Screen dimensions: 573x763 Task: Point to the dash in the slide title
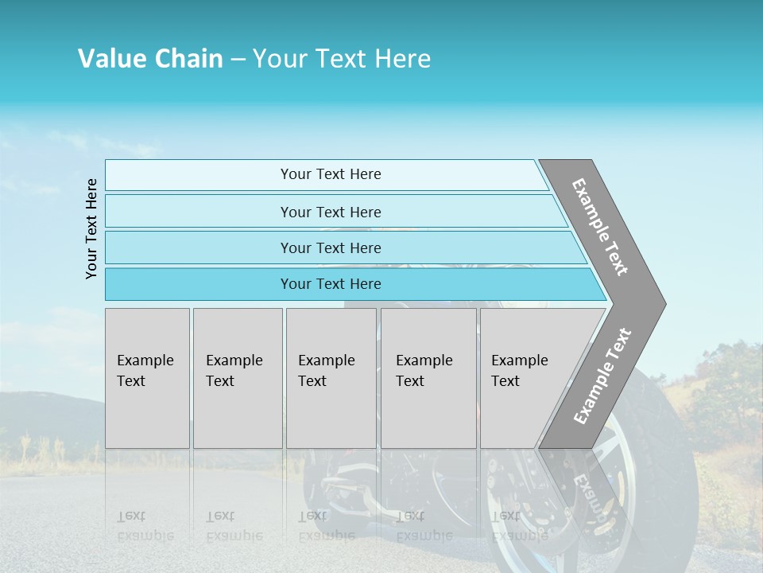click(x=238, y=60)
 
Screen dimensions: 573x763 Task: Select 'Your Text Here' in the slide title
click(x=342, y=59)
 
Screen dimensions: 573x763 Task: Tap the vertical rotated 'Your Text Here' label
click(x=91, y=228)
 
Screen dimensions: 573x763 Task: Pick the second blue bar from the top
click(x=331, y=212)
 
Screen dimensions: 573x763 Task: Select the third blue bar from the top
click(x=331, y=248)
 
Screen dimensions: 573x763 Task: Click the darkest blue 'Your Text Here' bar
click(x=331, y=284)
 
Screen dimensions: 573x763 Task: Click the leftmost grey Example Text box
click(x=147, y=377)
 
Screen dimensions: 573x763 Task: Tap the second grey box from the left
click(x=238, y=377)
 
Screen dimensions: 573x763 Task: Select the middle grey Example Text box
click(x=331, y=377)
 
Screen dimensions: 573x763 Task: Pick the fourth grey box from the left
click(x=428, y=377)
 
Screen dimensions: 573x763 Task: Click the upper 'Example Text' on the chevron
click(x=601, y=227)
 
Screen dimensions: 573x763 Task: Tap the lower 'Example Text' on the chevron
click(x=602, y=376)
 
